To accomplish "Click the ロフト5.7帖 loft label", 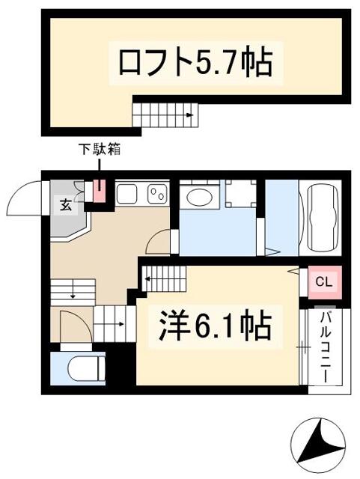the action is pos(195,63).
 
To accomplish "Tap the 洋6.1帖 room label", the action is pos(215,326).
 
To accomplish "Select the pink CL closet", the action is pos(324,282).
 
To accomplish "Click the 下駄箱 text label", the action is pos(100,150).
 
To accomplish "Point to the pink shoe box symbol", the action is pos(100,191).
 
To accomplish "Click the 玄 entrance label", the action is pos(65,204).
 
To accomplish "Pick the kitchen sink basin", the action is pos(126,194).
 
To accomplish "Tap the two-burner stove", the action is pos(157,194).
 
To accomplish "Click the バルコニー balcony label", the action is pos(325,347).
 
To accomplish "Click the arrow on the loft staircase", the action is pos(190,115).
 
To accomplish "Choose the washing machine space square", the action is pos(240,193).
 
